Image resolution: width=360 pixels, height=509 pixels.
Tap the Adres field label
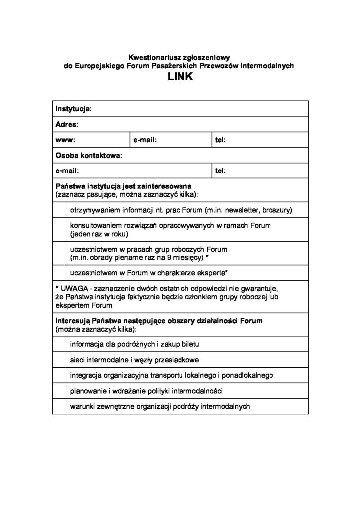[67, 125]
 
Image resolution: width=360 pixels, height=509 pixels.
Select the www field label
[65, 140]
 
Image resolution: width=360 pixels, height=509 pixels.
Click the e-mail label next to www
[145, 140]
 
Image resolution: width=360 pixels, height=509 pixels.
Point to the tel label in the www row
[221, 140]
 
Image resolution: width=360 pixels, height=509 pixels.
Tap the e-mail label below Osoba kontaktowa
[67, 171]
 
